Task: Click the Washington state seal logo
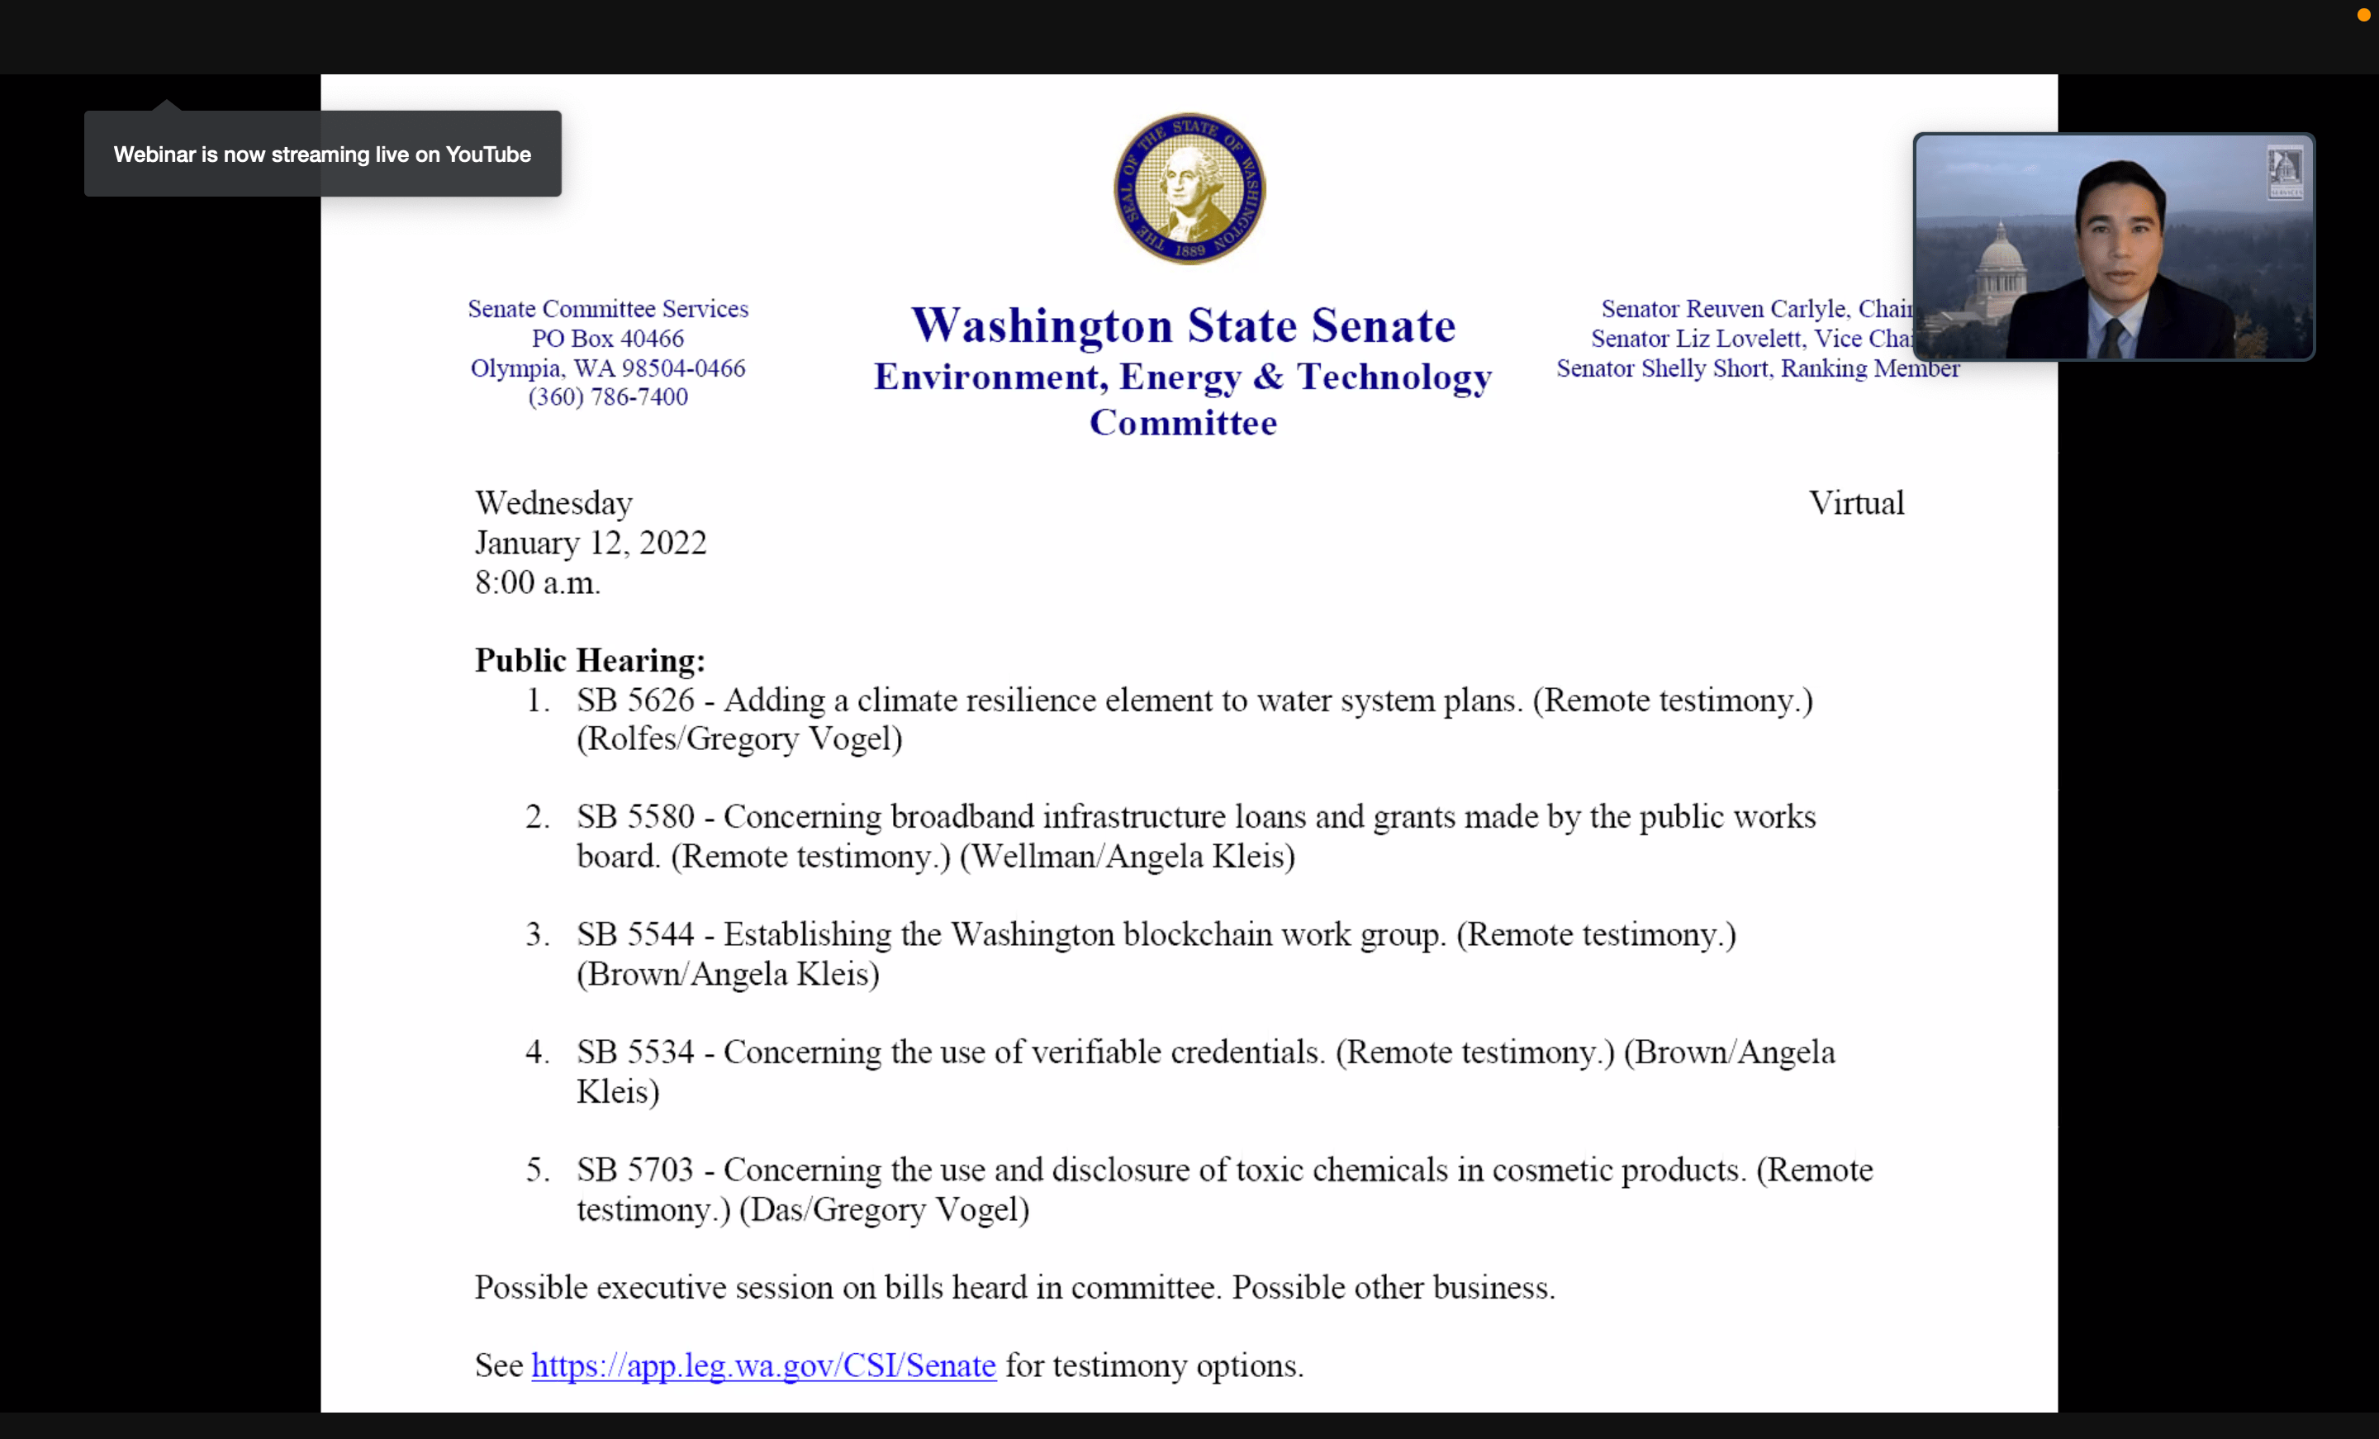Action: pyautogui.click(x=1189, y=188)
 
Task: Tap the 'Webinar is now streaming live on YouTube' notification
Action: pyautogui.click(x=322, y=154)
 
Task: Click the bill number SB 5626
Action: pyautogui.click(x=635, y=701)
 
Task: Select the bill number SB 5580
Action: pyautogui.click(x=635, y=817)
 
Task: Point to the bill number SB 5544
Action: pyautogui.click(x=635, y=935)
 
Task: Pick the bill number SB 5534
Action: pyautogui.click(x=635, y=1052)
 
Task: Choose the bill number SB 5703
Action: pyautogui.click(x=635, y=1171)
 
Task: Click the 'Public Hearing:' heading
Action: pyautogui.click(x=590, y=661)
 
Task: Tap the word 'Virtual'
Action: pyautogui.click(x=1855, y=503)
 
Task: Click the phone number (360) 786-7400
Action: pyautogui.click(x=607, y=397)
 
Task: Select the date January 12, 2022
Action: pyautogui.click(x=590, y=543)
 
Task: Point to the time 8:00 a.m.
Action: pyautogui.click(x=537, y=582)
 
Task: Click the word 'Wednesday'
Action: pyautogui.click(x=553, y=503)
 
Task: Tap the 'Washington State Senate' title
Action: pyautogui.click(x=1183, y=325)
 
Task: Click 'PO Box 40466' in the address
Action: pyautogui.click(x=607, y=339)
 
